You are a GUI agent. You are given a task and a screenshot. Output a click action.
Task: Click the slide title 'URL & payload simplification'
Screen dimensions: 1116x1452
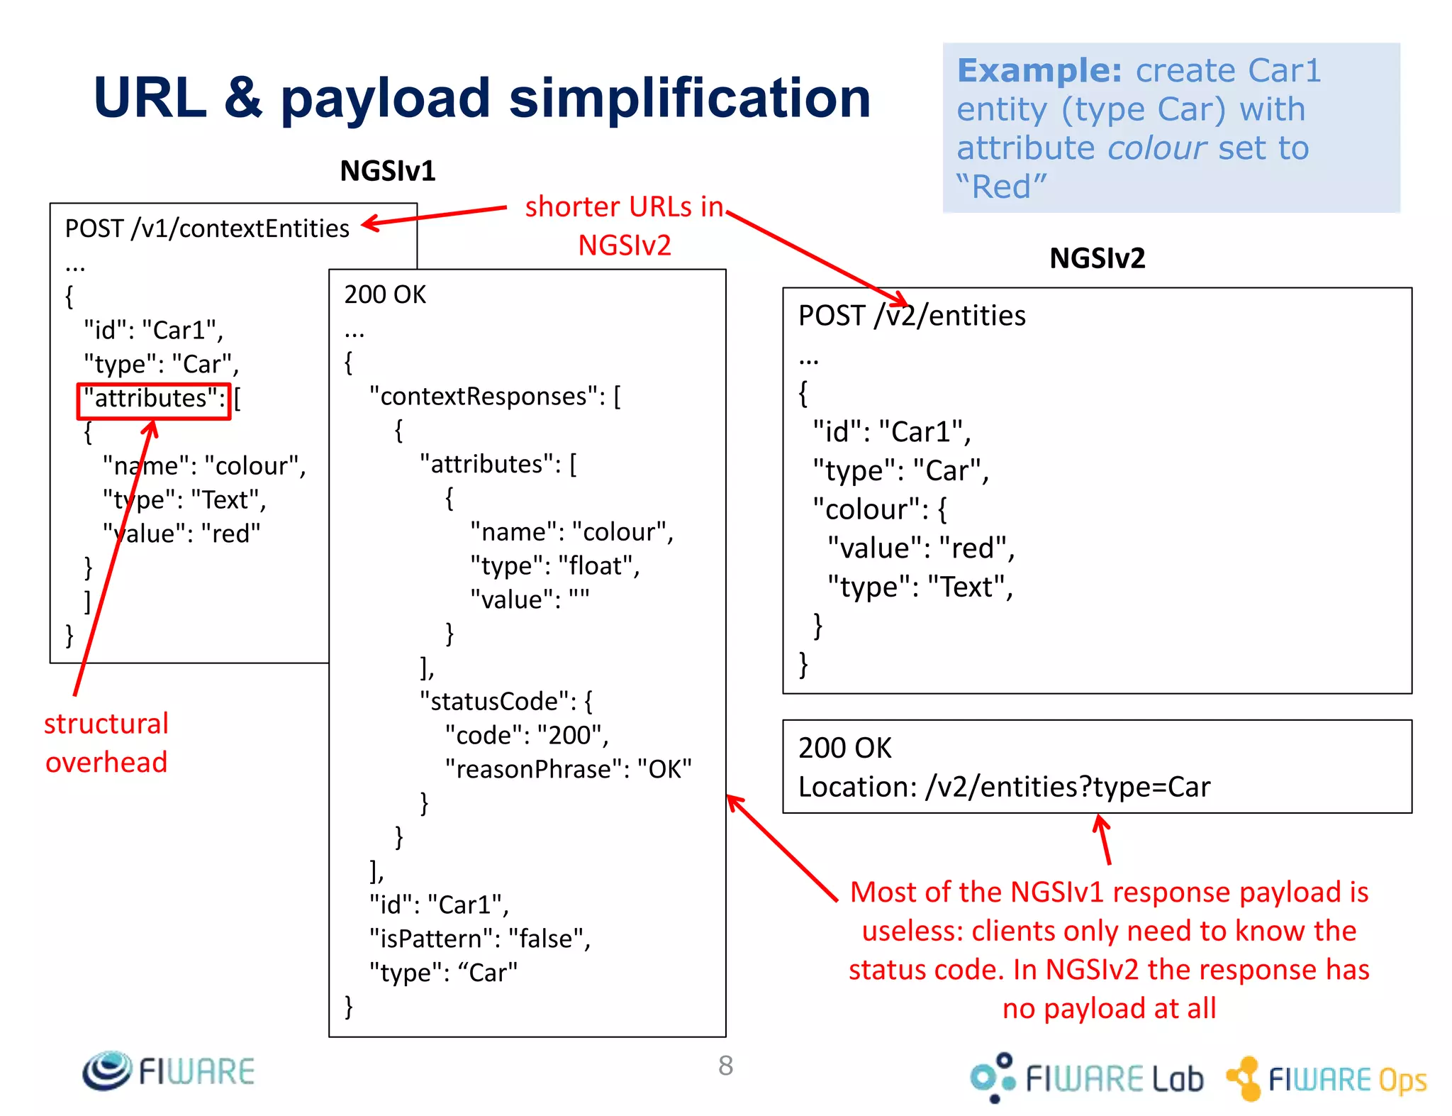(x=482, y=98)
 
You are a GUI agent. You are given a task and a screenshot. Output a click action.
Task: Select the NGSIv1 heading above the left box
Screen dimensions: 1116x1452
(x=387, y=171)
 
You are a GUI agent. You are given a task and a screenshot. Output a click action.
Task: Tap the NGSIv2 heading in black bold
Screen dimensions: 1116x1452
(x=1097, y=258)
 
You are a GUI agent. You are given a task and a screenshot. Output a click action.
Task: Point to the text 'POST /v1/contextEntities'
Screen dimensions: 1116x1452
(x=207, y=229)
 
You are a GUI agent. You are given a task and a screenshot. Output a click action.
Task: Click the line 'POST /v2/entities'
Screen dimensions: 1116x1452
(x=912, y=316)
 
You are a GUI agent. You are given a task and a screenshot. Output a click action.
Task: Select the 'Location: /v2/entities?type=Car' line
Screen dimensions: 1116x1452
(x=1004, y=787)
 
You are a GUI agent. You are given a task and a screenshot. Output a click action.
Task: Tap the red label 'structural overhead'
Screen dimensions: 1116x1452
(x=106, y=743)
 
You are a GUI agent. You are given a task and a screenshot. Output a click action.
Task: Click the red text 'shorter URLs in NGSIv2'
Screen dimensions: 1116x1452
(x=624, y=226)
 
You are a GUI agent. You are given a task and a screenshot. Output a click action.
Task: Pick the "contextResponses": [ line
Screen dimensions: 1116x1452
(x=495, y=397)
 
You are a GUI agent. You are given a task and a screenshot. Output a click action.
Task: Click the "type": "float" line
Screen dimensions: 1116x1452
(x=554, y=566)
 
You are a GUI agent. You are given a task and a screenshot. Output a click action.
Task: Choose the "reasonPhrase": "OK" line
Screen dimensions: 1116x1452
(x=568, y=769)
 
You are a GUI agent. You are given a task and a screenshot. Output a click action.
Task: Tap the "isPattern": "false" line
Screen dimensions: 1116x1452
(x=480, y=939)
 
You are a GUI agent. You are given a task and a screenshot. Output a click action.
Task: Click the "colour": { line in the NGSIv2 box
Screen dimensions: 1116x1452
(x=879, y=509)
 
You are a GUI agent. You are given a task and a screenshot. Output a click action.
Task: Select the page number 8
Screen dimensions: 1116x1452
(x=725, y=1066)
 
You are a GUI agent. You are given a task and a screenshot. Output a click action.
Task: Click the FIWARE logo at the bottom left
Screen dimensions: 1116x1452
(x=169, y=1071)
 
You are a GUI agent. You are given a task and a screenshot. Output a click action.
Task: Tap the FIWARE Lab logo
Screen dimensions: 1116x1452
(x=1087, y=1078)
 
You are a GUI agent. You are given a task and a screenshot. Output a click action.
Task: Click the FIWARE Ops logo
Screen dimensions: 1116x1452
(x=1327, y=1078)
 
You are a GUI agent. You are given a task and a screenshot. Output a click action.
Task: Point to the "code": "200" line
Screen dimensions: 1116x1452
(x=526, y=736)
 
